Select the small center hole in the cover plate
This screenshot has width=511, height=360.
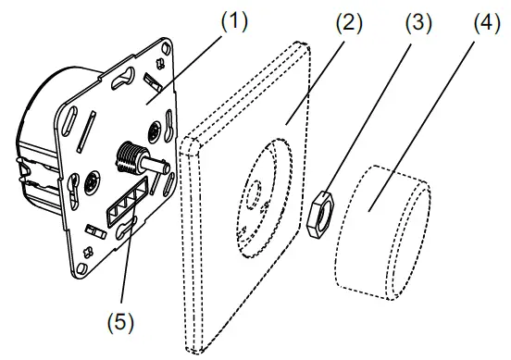click(253, 195)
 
